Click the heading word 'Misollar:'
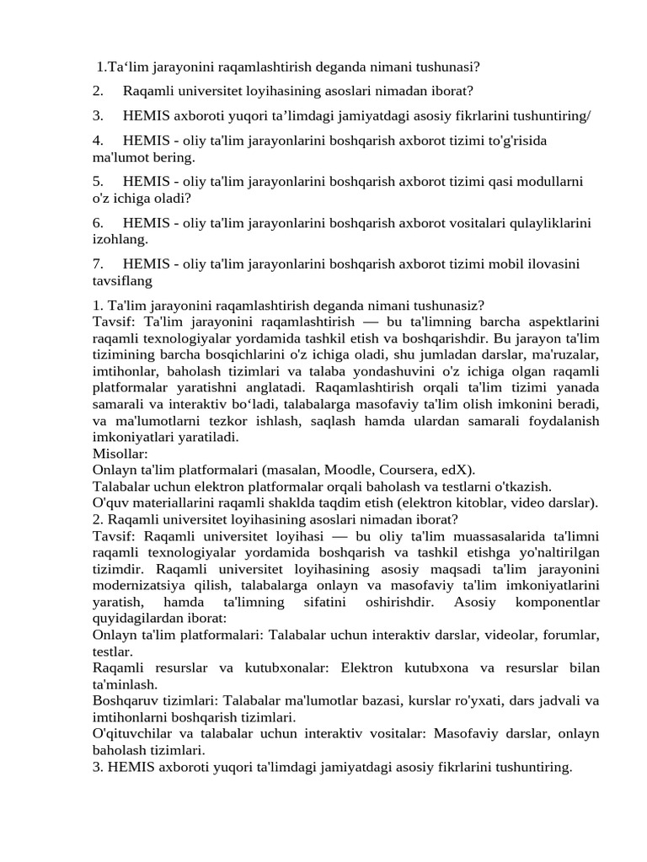(120, 453)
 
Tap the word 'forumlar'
(569, 635)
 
